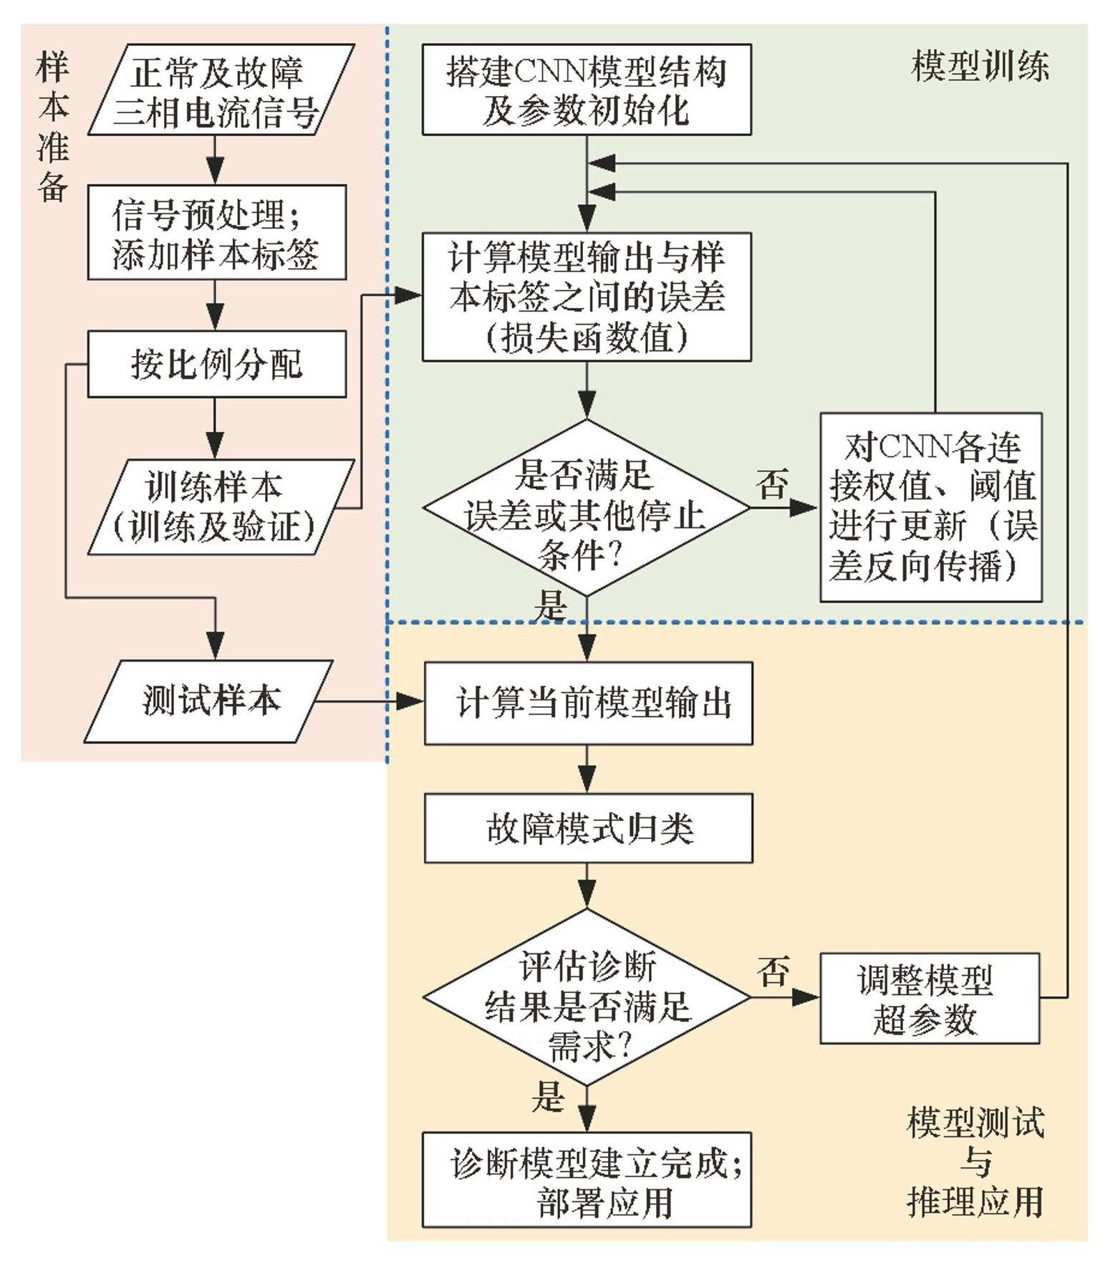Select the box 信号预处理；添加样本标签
click(x=216, y=233)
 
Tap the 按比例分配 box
click(x=216, y=364)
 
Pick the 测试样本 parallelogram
click(x=208, y=701)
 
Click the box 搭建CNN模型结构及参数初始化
click(x=586, y=90)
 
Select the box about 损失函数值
click(x=586, y=297)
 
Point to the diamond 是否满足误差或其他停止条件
click(x=586, y=508)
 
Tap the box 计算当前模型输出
click(x=588, y=703)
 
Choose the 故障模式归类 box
click(x=588, y=828)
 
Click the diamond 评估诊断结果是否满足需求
click(x=586, y=997)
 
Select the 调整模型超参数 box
click(x=929, y=998)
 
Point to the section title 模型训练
click(x=980, y=67)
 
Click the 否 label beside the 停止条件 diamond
click(x=772, y=485)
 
